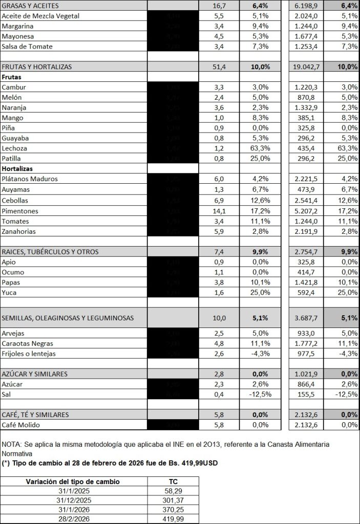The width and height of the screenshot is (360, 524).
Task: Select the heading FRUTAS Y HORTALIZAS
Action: click(36, 67)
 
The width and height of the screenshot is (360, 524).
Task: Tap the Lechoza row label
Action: click(15, 148)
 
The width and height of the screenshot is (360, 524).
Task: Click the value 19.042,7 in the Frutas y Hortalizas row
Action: click(310, 67)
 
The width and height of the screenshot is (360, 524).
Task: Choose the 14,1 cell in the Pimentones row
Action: click(219, 211)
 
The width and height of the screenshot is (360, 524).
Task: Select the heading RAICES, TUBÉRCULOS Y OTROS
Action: click(50, 252)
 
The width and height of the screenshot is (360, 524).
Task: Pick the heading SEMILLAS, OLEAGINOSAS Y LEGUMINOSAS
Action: click(68, 318)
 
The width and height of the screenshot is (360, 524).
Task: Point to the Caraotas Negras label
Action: click(28, 343)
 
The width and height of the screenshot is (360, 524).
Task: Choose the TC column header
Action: click(173, 482)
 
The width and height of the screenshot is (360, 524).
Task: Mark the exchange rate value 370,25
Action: click(173, 510)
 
